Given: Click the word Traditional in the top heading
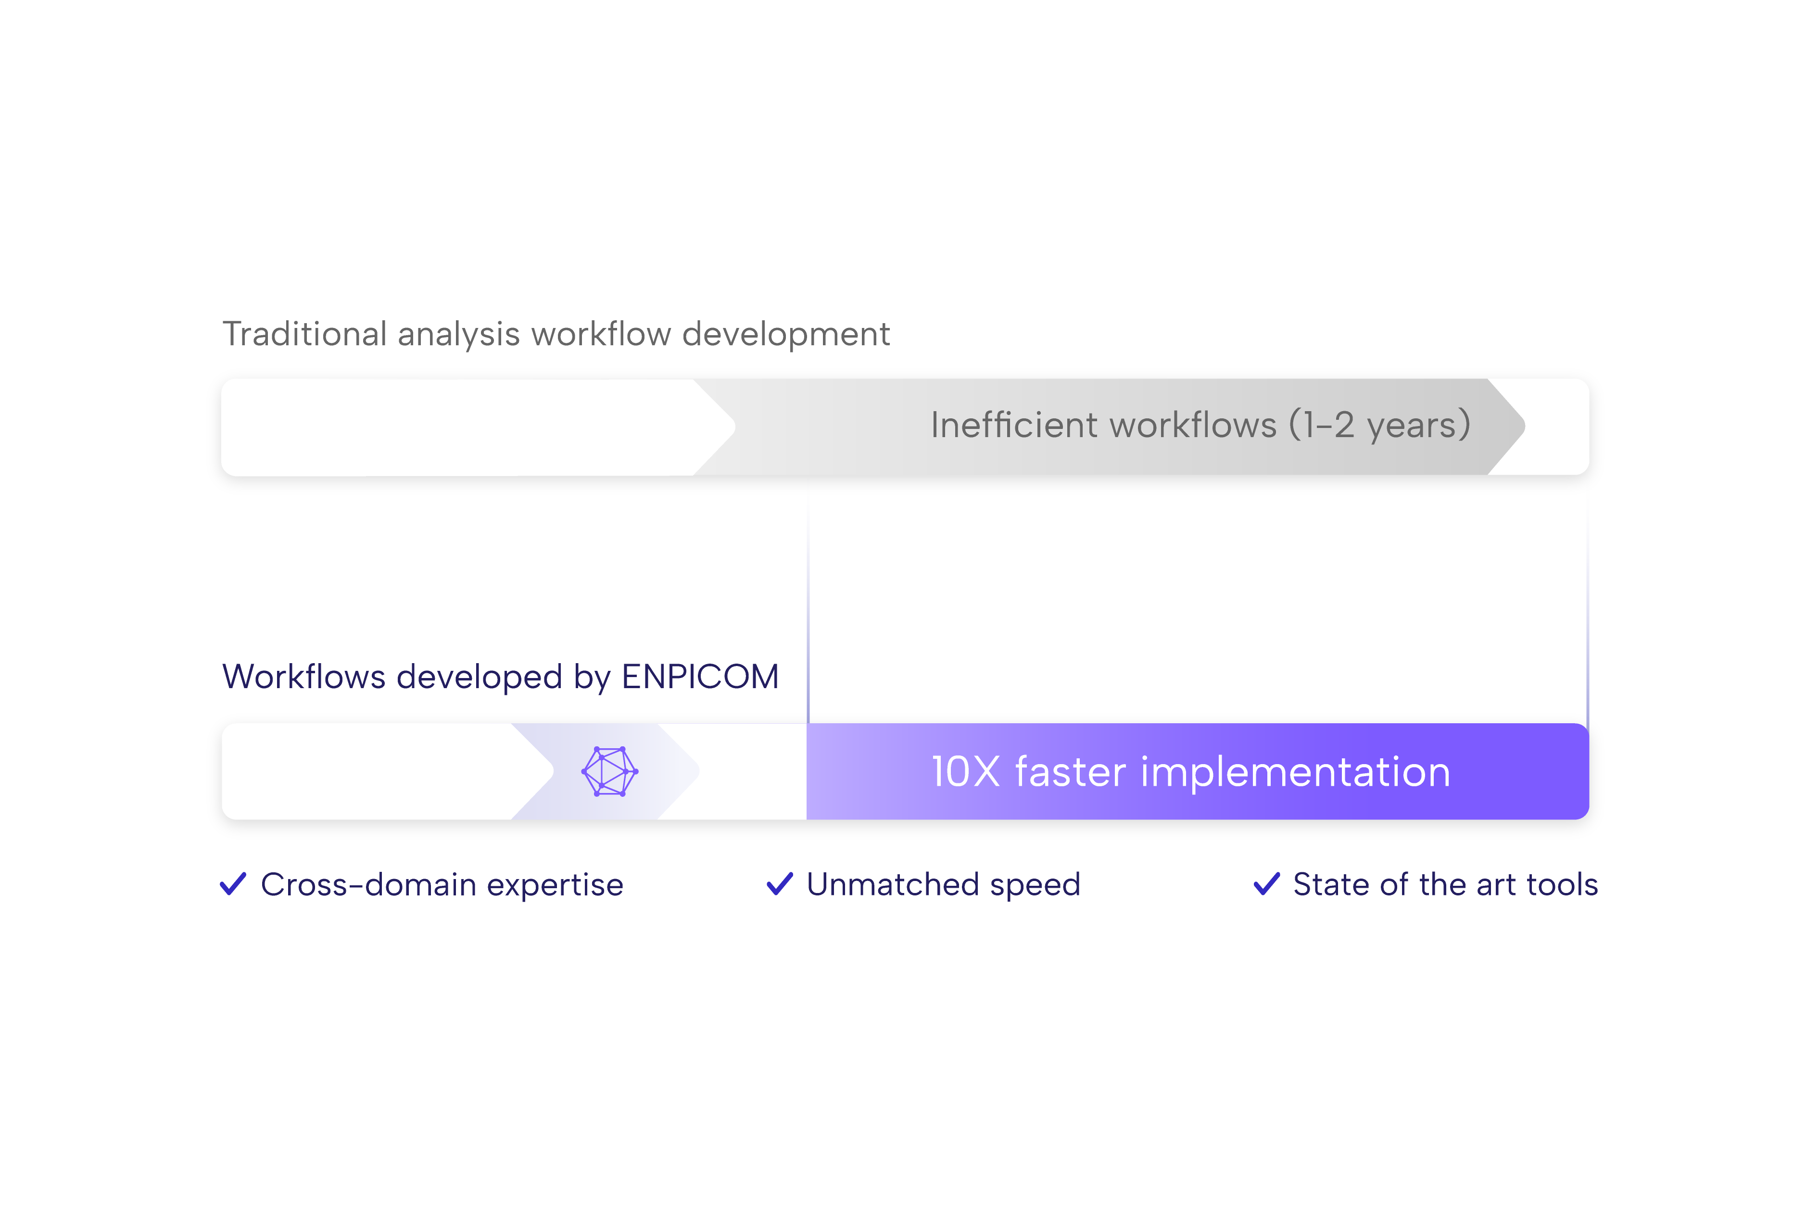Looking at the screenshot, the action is tap(304, 334).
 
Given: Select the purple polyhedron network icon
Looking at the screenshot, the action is tap(610, 771).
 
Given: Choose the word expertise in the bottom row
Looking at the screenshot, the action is tap(556, 885).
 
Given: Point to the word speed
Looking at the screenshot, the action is tap(1035, 885).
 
